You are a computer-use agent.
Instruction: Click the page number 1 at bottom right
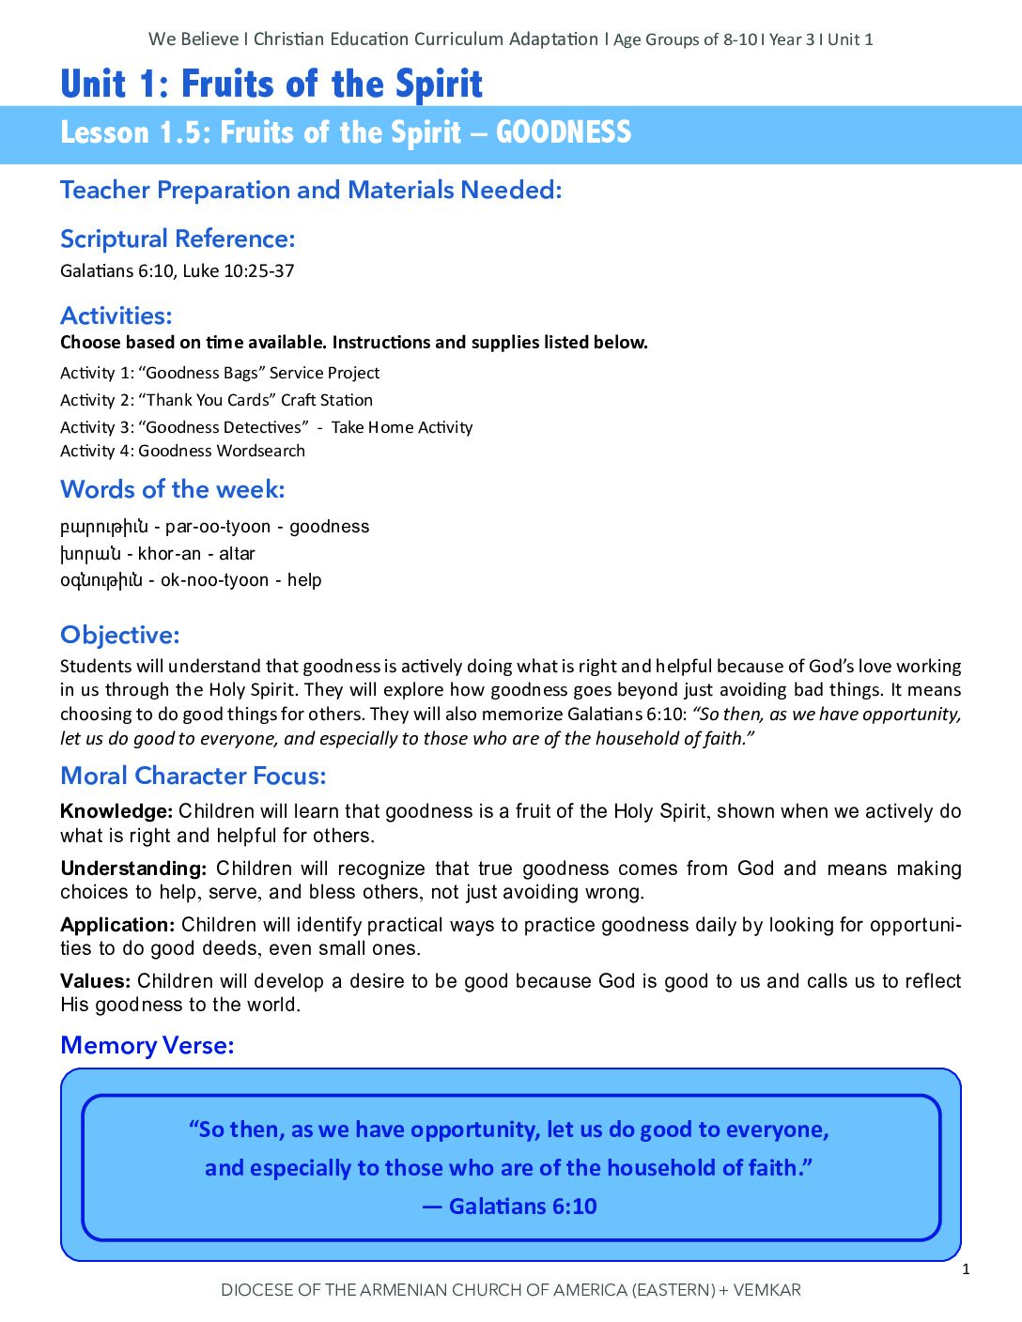966,1269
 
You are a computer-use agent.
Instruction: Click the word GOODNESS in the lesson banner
564,132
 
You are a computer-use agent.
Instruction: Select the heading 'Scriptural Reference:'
178,238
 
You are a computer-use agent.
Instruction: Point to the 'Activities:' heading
116,315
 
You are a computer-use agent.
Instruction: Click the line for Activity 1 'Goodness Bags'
220,373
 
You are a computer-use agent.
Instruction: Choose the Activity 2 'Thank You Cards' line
216,400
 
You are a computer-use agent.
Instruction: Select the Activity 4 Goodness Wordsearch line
182,451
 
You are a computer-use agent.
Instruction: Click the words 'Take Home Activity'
402,427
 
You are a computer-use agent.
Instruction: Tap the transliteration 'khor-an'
170,554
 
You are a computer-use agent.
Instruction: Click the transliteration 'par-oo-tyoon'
218,527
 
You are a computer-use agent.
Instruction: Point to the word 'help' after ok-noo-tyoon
304,580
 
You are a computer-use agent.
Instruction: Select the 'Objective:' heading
119,635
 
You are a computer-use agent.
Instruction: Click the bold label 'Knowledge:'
116,811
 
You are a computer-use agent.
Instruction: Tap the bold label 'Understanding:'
133,869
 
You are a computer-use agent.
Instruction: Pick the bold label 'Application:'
117,925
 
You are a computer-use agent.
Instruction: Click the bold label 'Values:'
95,981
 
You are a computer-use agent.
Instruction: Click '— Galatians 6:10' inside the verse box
510,1207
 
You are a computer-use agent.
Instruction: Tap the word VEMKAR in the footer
766,1290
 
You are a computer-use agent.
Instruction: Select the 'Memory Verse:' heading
147,1045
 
